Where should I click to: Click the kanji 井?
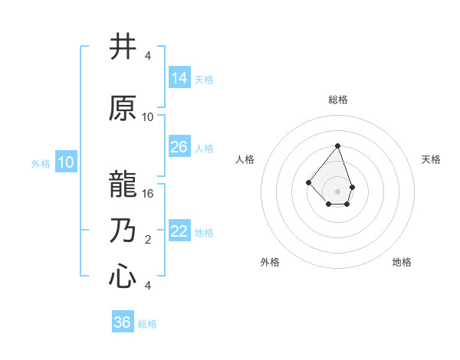[123, 48]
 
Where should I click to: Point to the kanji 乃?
[123, 231]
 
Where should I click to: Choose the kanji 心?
[123, 277]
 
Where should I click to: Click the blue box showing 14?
[179, 77]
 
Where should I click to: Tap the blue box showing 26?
[179, 147]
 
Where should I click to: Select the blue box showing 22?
[179, 231]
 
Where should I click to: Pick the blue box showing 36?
[123, 322]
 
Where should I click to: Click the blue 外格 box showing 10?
[65, 162]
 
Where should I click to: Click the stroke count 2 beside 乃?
[148, 240]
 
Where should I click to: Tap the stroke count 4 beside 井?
[148, 56]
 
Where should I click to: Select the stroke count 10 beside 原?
[148, 117]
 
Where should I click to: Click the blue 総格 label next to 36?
[147, 324]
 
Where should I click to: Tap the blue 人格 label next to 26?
[204, 149]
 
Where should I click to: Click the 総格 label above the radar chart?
[337, 100]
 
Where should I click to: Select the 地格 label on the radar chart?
[402, 262]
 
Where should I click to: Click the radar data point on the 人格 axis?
[308, 182]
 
